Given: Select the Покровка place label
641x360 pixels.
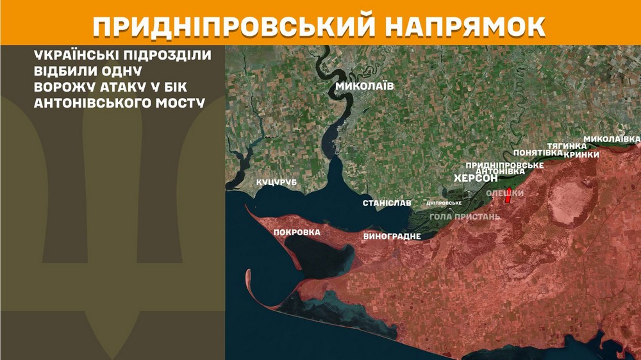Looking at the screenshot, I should [297, 233].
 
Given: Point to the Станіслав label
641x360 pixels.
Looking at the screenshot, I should [387, 203].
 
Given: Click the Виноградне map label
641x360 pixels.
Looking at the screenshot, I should [392, 236].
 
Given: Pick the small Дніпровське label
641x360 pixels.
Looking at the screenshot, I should [444, 203].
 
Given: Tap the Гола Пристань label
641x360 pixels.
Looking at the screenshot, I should [465, 217].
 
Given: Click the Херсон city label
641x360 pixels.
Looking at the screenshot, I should [476, 178].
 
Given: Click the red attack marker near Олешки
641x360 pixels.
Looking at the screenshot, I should [508, 197].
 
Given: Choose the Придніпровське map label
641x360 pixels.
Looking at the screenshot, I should [504, 165].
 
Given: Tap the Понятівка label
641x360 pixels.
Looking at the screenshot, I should [538, 153].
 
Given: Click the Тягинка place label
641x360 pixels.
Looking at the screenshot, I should [567, 146].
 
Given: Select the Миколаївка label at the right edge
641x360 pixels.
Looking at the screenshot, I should [612, 139].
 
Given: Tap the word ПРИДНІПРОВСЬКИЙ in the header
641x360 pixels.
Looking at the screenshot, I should [231, 25].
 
